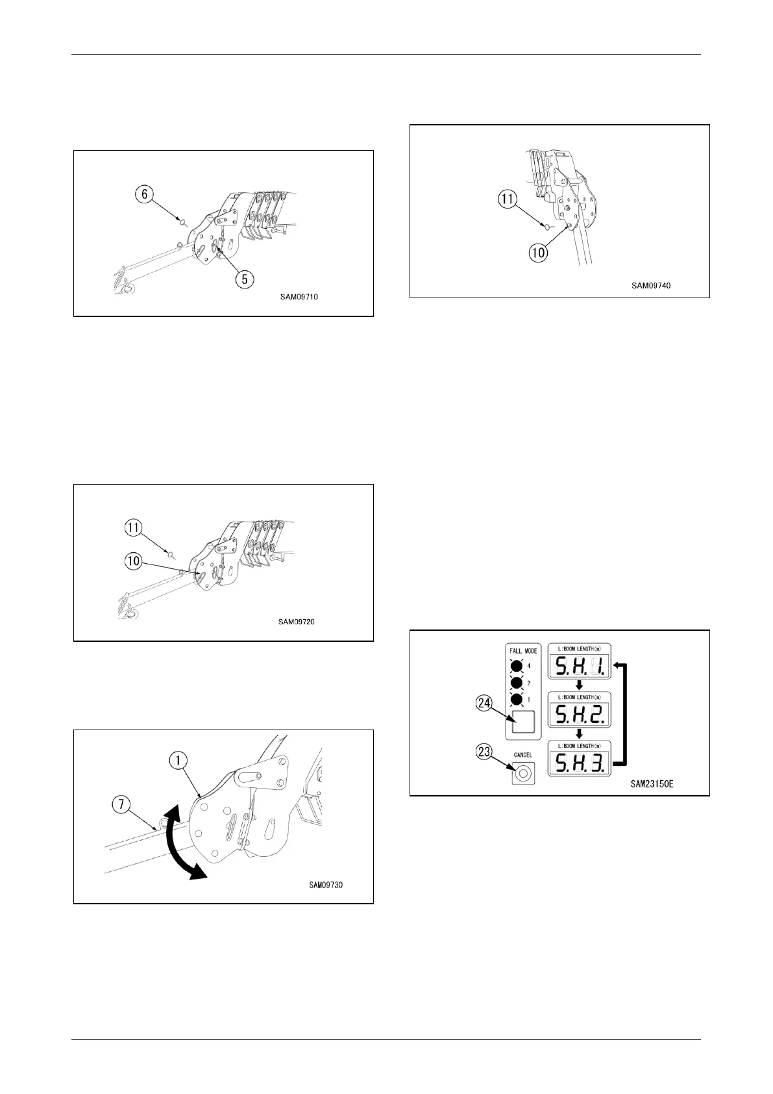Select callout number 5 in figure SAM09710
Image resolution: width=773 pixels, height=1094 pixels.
(244, 279)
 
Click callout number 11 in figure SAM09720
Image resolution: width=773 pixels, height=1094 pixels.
(133, 529)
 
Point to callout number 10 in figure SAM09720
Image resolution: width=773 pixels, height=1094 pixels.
(133, 560)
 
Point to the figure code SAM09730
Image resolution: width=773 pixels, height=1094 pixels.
(326, 884)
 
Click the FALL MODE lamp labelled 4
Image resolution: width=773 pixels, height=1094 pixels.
(517, 666)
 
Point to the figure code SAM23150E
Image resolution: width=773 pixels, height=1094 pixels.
(652, 784)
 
